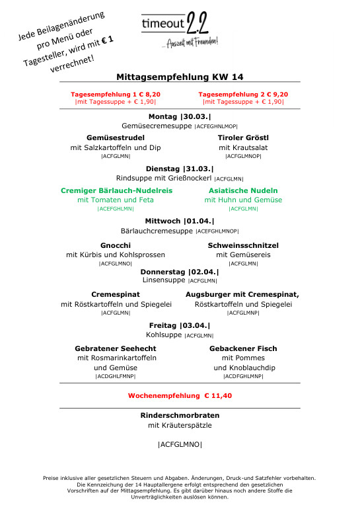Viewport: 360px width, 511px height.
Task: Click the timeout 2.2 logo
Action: pyautogui.click(x=180, y=29)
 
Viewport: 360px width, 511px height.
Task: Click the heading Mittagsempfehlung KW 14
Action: pyautogui.click(x=180, y=77)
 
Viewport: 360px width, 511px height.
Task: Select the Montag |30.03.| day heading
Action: pyautogui.click(x=180, y=116)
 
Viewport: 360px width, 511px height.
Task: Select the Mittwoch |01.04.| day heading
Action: pyautogui.click(x=180, y=221)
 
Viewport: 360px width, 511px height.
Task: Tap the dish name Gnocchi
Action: pyautogui.click(x=116, y=245)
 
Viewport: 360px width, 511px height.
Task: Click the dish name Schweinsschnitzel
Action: pyautogui.click(x=243, y=245)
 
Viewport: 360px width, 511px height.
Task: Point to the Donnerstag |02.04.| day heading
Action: pyautogui.click(x=180, y=271)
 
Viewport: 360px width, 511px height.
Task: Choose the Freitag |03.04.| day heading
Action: pyautogui.click(x=180, y=325)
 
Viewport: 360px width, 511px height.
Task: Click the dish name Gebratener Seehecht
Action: pyautogui.click(x=116, y=348)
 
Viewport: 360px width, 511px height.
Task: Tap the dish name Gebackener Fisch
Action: pyautogui.click(x=243, y=348)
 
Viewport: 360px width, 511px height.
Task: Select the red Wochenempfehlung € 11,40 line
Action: pyautogui.click(x=180, y=396)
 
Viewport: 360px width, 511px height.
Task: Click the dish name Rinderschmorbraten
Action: pyautogui.click(x=180, y=415)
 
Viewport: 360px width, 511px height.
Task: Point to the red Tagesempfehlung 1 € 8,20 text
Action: pyautogui.click(x=116, y=95)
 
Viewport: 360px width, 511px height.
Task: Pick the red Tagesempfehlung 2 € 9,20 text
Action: pyautogui.click(x=243, y=95)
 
